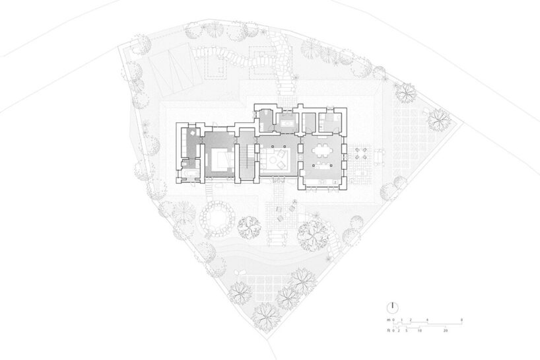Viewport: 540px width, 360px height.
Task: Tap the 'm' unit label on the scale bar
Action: (x=389, y=320)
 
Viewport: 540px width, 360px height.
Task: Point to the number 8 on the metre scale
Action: (x=461, y=320)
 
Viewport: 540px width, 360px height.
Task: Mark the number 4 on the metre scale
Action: (x=428, y=320)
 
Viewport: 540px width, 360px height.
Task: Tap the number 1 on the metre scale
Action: (x=402, y=320)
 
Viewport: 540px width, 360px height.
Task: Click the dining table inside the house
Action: (x=322, y=150)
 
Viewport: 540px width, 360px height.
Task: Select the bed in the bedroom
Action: (x=219, y=159)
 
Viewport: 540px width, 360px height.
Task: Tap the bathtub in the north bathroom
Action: (x=288, y=122)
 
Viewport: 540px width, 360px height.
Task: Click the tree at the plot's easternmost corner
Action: (x=437, y=119)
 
